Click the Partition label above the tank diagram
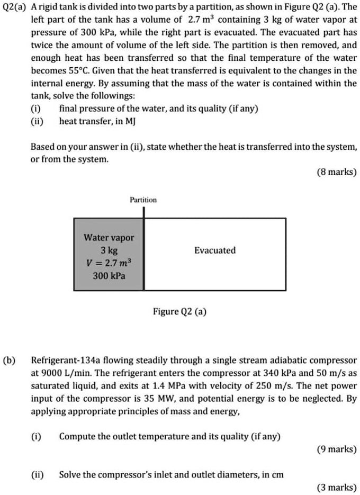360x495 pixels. (143, 200)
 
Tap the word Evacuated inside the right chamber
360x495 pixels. (214, 250)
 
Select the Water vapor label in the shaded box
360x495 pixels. (109, 238)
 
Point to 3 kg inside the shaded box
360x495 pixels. (109, 250)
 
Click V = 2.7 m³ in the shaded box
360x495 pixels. (109, 263)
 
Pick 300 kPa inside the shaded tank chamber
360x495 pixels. (109, 276)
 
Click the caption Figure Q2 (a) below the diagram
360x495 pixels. (180, 311)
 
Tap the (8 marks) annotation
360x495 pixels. (337, 172)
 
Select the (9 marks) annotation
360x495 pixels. (337, 449)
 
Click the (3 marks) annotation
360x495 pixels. (337, 488)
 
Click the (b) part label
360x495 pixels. (9, 361)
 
